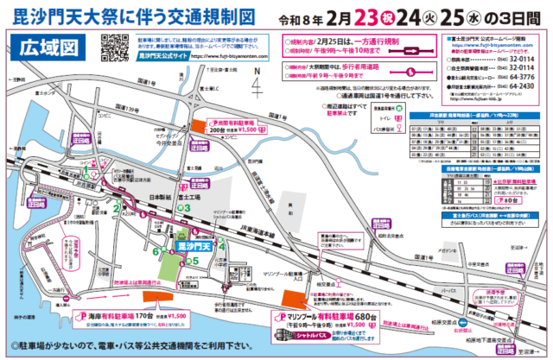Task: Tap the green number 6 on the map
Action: (x=156, y=252)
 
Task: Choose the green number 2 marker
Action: (x=115, y=207)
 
